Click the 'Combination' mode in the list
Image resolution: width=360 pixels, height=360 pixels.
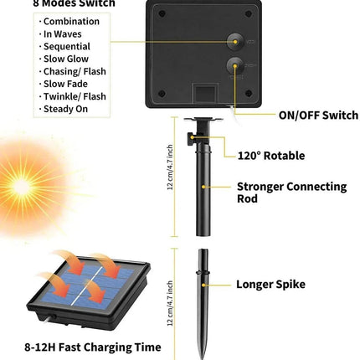(x=70, y=22)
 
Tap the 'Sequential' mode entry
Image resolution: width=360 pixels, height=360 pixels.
(x=66, y=47)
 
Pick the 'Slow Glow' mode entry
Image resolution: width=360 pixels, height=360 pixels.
(x=65, y=59)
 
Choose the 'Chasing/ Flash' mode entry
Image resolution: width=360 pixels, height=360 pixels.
(x=74, y=72)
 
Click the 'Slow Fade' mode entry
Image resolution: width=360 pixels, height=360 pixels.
(x=65, y=85)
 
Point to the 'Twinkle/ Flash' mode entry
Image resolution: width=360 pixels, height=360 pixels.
(x=75, y=97)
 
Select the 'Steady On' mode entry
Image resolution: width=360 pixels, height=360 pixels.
(x=66, y=110)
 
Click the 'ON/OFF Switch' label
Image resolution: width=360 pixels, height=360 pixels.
(x=317, y=116)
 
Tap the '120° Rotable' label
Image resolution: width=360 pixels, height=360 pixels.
(x=270, y=156)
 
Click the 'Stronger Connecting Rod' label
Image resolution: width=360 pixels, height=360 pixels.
(x=291, y=193)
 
